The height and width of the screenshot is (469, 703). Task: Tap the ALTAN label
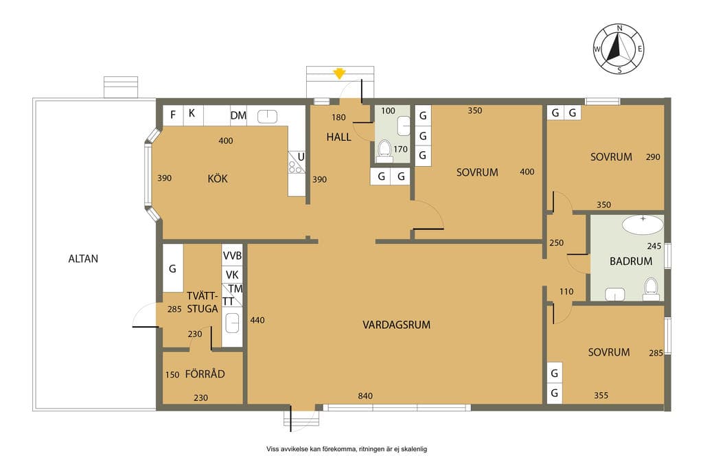[83, 259]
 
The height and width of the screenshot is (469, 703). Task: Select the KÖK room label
[218, 179]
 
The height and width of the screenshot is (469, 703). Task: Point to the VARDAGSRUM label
[396, 325]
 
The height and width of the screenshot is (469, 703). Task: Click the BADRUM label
[631, 261]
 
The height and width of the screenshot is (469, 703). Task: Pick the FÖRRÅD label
[205, 374]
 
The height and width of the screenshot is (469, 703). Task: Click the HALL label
[338, 137]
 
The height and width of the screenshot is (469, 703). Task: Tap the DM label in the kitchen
[238, 115]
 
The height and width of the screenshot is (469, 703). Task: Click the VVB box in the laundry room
[232, 255]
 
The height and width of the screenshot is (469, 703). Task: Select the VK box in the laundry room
[232, 275]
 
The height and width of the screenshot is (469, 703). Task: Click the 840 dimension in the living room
[365, 396]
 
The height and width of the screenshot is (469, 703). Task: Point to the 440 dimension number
[257, 320]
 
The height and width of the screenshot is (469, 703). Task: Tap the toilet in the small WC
[384, 150]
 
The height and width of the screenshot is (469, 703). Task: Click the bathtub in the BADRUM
[643, 224]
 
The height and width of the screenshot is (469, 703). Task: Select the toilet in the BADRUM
[651, 289]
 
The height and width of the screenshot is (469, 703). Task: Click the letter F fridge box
[172, 115]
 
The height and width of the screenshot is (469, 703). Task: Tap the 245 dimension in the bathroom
[654, 246]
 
